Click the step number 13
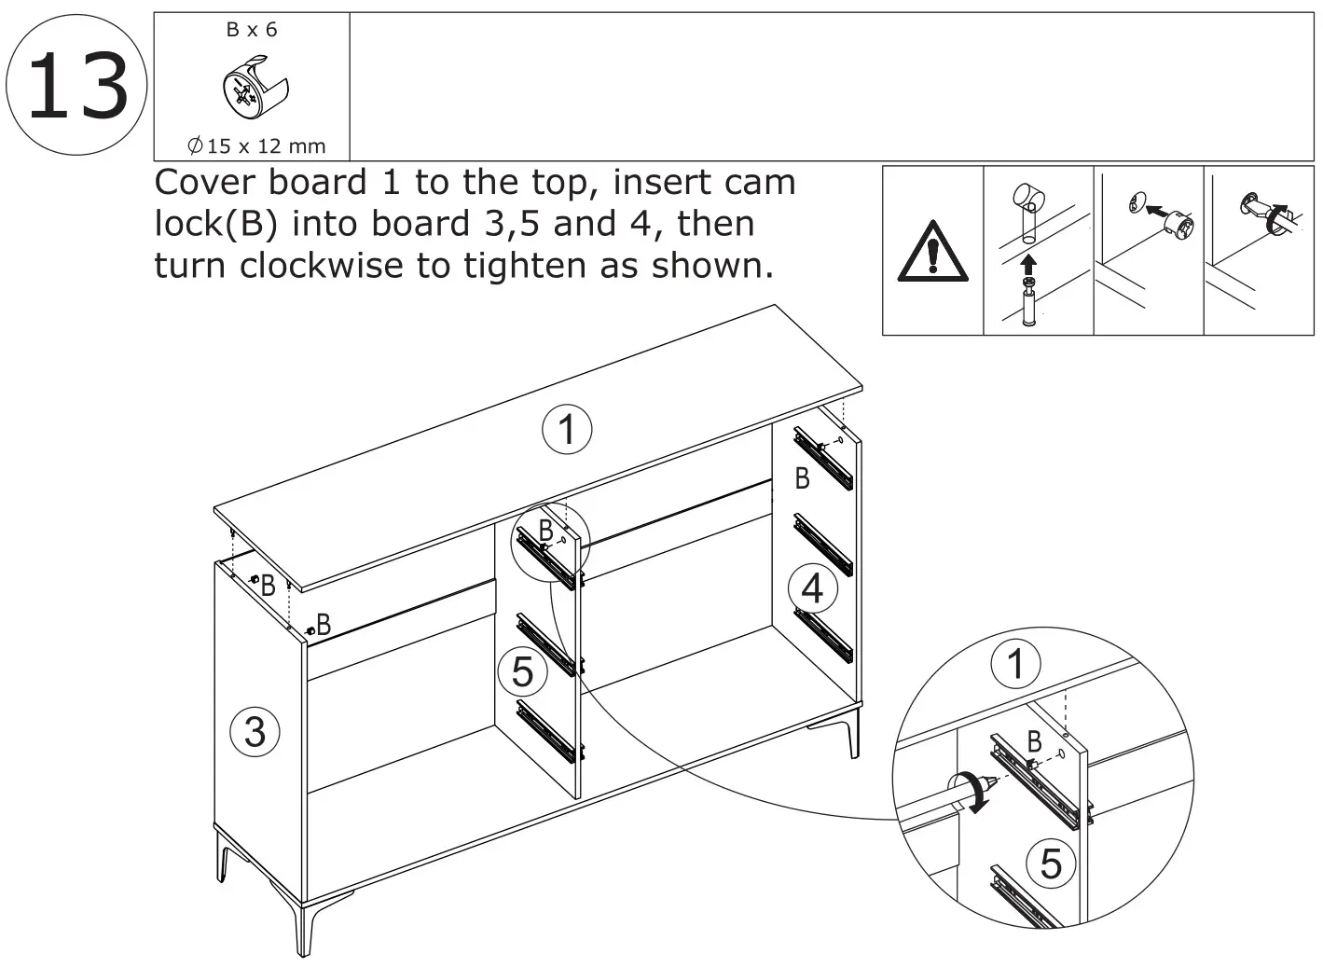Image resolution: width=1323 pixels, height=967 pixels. tap(76, 86)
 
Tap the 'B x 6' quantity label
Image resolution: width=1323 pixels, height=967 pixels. tap(252, 30)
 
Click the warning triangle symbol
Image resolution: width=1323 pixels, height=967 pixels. tap(932, 253)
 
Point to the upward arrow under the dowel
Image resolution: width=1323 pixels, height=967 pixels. tap(1028, 263)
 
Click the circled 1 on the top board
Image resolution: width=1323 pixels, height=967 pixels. tap(567, 430)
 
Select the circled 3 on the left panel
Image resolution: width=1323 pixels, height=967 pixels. tap(255, 731)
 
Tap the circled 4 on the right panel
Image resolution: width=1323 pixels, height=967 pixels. tap(812, 588)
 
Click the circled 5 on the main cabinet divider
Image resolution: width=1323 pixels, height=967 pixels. tap(522, 670)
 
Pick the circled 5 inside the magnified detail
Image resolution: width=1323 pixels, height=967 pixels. tap(1050, 863)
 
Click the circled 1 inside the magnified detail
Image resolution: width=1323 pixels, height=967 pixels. tap(1016, 664)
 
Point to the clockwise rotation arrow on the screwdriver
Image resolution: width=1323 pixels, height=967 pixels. tap(972, 793)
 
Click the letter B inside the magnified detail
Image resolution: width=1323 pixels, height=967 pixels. tap(1034, 742)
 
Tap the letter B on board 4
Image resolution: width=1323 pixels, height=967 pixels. tap(802, 479)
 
